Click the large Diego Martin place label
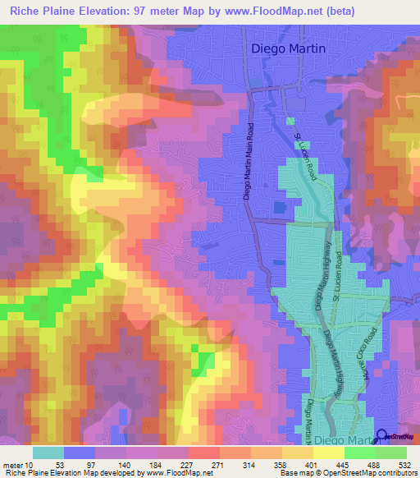point(287,48)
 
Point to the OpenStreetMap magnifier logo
point(381,436)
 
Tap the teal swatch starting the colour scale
point(48,452)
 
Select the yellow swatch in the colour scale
point(328,452)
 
